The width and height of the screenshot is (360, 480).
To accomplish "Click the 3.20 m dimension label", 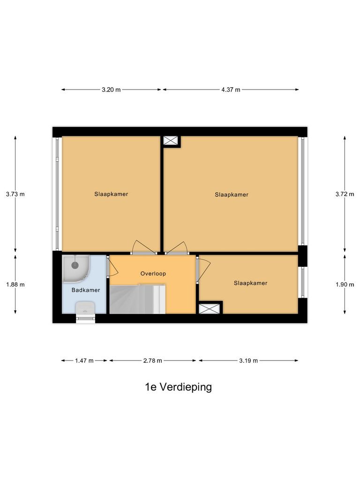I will coord(111,90).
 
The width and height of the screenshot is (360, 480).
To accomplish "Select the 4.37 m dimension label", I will coord(231,90).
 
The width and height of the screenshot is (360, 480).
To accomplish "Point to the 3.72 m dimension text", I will coord(345,194).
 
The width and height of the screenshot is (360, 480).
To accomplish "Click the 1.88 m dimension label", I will coord(15,284).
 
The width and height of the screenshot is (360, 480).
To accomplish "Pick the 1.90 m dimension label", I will coord(345,284).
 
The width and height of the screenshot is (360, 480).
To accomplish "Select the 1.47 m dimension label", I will coord(84,360).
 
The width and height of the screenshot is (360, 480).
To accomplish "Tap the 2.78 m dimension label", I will coord(153,360).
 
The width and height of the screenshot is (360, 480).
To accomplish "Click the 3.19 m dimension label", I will coord(248,360).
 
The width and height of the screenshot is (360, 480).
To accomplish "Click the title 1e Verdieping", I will coord(178,387).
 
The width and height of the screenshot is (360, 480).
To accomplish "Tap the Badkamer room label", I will coord(86,290).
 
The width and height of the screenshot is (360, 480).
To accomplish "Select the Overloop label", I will coord(153,273).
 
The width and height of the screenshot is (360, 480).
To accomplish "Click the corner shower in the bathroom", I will coord(75,266).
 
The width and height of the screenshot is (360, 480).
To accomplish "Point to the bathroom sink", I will coord(86,308).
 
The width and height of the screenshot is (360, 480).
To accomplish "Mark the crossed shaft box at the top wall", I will coord(171,141).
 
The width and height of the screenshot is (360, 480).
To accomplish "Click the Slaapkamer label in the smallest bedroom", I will coord(250,283).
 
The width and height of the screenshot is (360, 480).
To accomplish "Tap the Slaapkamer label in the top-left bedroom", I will coord(111,194).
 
